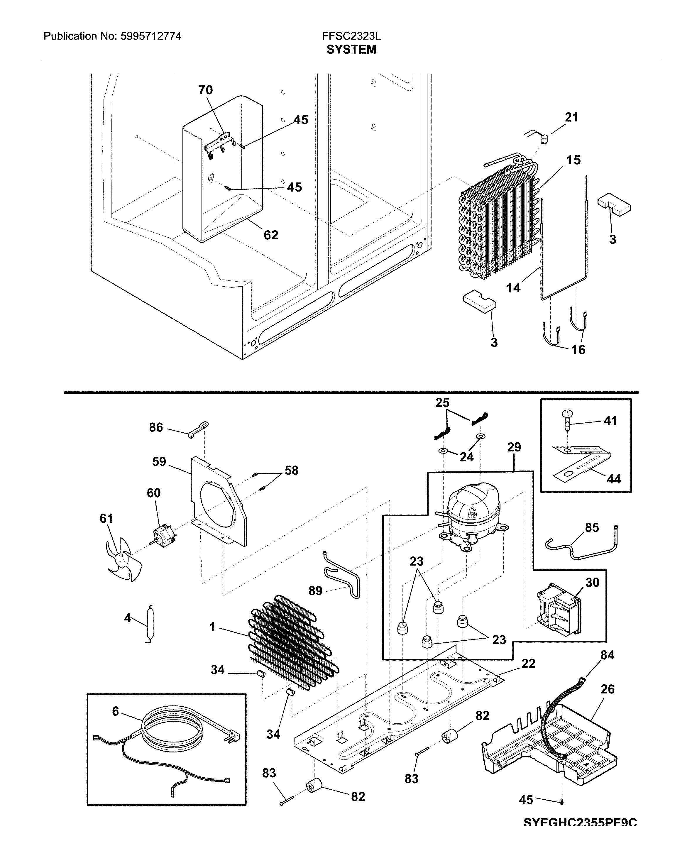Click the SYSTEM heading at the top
point(351,49)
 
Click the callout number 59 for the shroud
point(159,462)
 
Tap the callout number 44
point(613,479)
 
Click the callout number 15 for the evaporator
point(573,160)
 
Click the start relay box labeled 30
point(558,614)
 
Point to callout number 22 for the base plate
point(528,664)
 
